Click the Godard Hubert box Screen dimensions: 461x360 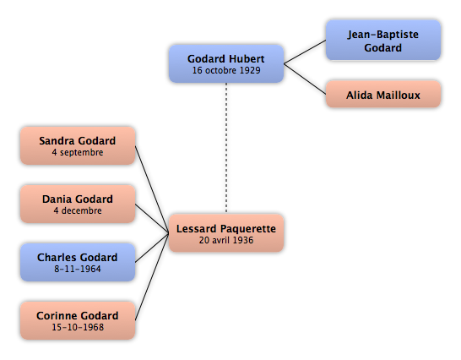tap(226, 63)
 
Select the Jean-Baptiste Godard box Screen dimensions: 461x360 tap(383, 41)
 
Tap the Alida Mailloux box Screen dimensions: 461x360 tap(383, 94)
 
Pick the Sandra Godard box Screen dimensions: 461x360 tap(78, 145)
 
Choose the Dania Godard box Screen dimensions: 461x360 tap(78, 204)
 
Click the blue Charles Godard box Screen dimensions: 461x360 tap(78, 262)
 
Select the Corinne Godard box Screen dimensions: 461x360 tap(78, 320)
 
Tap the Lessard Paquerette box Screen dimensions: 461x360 tap(226, 233)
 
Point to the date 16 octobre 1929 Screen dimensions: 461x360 tap(226, 70)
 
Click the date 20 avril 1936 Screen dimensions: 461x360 tap(226, 240)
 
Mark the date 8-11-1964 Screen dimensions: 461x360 tap(78, 269)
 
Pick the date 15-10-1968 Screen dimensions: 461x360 tap(78, 327)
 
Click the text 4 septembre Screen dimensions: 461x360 tap(78, 152)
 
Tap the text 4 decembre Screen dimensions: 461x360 tap(78, 210)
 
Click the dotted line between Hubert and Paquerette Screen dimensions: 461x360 tap(226, 148)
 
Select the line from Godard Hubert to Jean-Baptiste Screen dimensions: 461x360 tap(305, 52)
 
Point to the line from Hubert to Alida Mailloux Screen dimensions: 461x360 tap(305, 79)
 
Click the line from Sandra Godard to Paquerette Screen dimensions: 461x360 tap(152, 189)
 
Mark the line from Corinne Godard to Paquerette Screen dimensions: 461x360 tap(152, 276)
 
